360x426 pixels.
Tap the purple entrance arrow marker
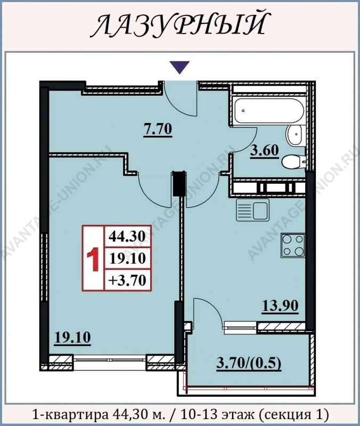point(179,67)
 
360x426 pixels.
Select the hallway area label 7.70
point(158,129)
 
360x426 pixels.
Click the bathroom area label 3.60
point(264,150)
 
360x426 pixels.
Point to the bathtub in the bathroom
point(269,111)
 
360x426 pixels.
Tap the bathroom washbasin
point(294,135)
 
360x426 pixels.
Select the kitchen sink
point(252,210)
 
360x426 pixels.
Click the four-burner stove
point(292,245)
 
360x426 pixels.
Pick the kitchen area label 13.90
point(280,306)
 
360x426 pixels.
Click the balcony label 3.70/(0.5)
point(249,363)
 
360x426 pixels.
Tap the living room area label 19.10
point(72,338)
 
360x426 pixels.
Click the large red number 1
point(93,261)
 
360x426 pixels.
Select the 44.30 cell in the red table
point(127,236)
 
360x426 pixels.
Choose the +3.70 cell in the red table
point(127,280)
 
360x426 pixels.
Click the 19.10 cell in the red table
point(127,258)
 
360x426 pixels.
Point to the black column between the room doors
point(179,183)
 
